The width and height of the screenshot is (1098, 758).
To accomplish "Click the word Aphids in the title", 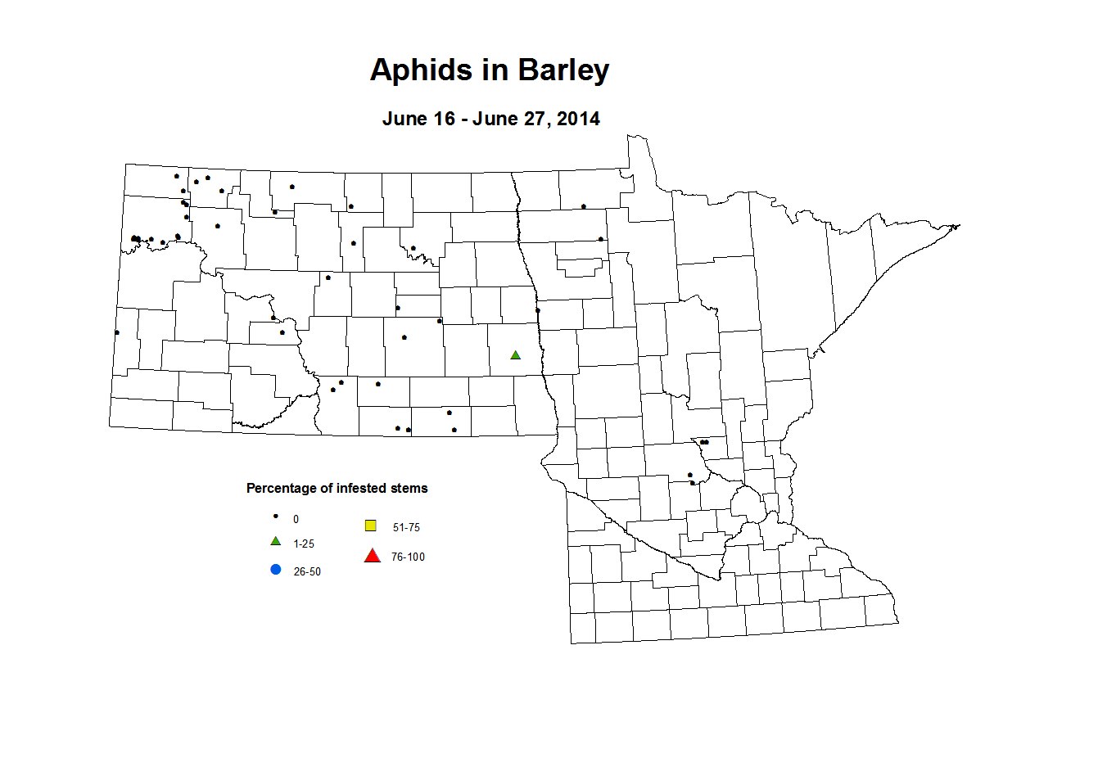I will click(x=422, y=70).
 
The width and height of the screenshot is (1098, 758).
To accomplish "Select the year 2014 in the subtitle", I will click(x=578, y=119).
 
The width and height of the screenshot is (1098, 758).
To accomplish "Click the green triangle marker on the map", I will click(x=515, y=355).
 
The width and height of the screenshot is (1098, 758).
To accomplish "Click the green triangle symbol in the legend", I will click(x=276, y=542).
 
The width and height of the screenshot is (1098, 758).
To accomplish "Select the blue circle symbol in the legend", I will click(x=276, y=570).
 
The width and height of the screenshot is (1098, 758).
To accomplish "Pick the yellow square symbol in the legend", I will click(x=370, y=526).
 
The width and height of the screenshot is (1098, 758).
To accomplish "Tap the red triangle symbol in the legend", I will click(x=372, y=557).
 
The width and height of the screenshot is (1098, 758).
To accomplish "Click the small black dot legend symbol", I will click(x=276, y=517).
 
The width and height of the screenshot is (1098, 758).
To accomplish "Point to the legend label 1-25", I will click(x=304, y=544).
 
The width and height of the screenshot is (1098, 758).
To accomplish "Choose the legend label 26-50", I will click(x=307, y=572).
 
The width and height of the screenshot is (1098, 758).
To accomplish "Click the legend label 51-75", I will click(x=406, y=528).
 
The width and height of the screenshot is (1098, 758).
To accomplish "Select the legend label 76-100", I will click(x=408, y=557).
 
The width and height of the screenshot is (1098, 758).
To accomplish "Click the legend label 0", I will click(x=296, y=520).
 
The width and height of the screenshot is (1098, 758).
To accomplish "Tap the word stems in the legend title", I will click(x=409, y=489).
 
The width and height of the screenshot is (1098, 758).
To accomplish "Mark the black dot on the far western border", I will click(x=116, y=332).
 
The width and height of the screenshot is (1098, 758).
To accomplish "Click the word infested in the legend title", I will click(x=363, y=489).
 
